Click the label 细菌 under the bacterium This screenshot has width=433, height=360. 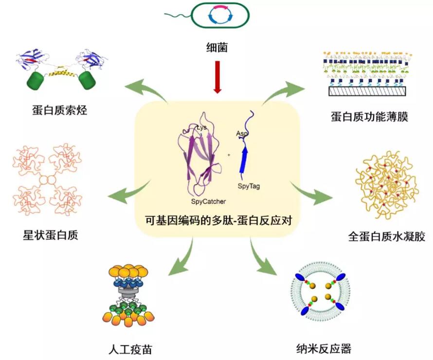216,48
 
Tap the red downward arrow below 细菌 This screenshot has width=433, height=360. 217,77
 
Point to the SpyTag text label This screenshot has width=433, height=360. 249,185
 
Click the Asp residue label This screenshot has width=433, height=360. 242,133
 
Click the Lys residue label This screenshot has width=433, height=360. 202,128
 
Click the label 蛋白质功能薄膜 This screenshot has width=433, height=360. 368,116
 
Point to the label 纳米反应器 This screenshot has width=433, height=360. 324,348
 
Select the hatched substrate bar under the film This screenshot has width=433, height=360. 368,91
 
